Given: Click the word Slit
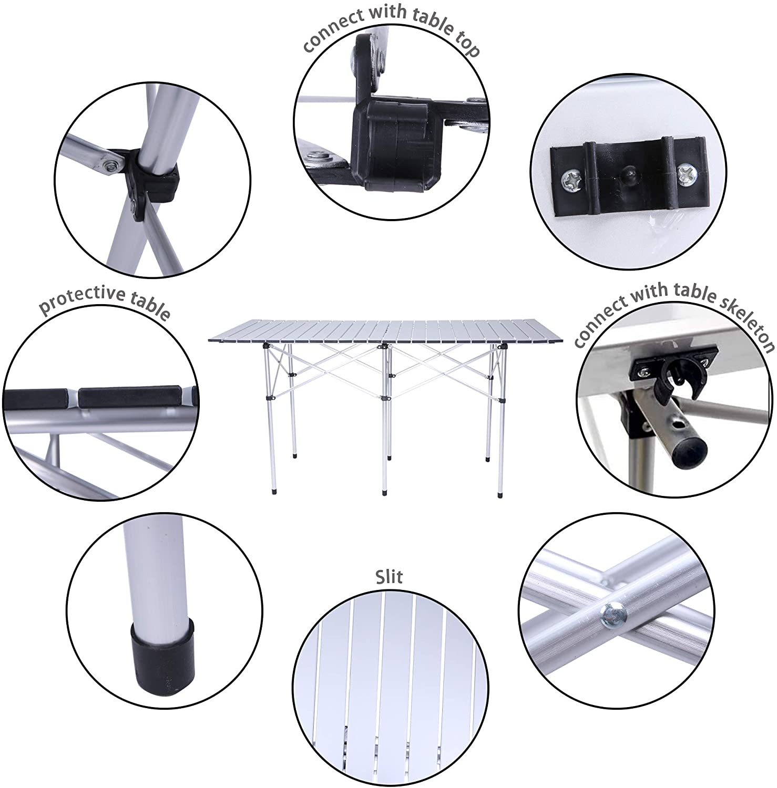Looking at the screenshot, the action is pos(389,576).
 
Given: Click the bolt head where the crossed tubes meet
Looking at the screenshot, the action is pos(615,614).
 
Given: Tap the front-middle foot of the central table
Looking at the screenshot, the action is pos(384,492).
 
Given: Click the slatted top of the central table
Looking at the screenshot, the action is pos(389,332).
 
